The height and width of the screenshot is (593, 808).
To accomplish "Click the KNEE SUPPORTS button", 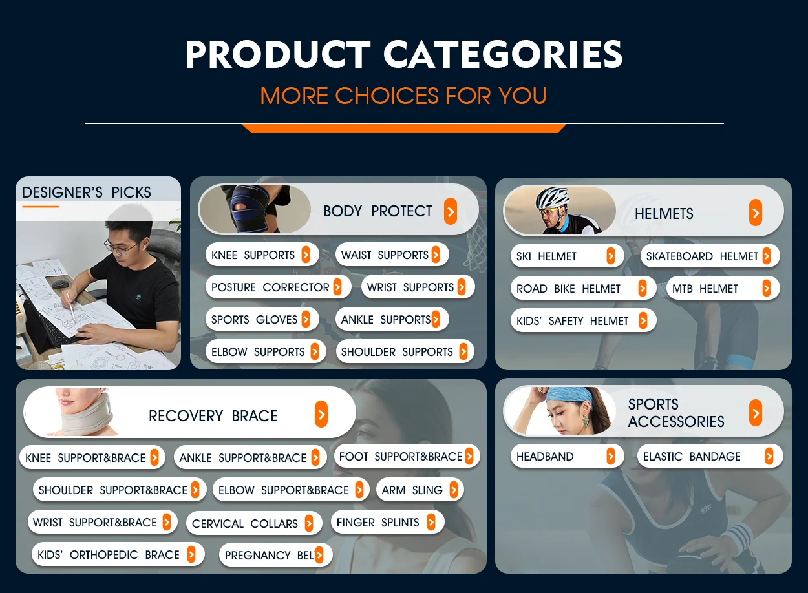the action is pos(262,255).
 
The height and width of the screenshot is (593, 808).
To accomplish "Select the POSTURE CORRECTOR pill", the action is pos(278,287).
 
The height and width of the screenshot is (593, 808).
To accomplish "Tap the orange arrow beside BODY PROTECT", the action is pos(450,211).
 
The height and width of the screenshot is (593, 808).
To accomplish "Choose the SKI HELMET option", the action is pos(567,256).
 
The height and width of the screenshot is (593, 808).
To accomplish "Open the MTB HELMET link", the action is pos(723,288).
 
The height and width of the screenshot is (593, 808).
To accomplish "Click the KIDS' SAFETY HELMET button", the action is pos(583,320).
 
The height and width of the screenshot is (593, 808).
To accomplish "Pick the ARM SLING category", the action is pos(420,490).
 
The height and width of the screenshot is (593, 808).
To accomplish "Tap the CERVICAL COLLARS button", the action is pos(254,523).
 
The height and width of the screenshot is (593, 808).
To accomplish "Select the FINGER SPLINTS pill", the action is pos(387,522).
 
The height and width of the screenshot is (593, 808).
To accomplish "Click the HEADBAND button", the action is pos(567,456).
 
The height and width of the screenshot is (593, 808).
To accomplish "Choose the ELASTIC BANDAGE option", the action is pos(710,456).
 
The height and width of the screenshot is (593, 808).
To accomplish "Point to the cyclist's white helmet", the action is pos(552,197).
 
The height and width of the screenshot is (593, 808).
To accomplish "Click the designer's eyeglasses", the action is pos(122,247).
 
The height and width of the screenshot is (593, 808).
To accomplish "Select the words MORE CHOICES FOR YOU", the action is pos(403,96).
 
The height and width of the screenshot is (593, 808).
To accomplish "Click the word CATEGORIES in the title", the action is pos(503,54).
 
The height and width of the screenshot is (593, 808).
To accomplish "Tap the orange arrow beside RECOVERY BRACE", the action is pos(321,414).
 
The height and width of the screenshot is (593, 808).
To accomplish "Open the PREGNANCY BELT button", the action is pos(275,555).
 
